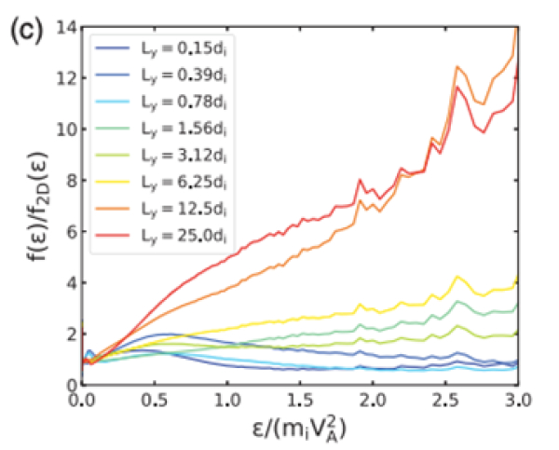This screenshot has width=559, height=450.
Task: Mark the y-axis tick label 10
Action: [65, 129]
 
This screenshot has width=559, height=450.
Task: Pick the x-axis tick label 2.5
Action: [445, 402]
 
